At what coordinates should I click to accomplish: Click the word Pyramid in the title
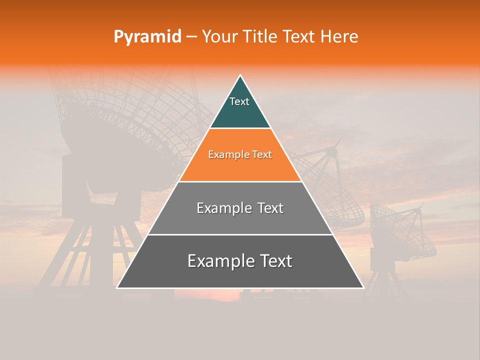click(147, 37)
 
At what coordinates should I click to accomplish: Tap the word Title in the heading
click(261, 37)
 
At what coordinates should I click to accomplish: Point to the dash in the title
click(191, 37)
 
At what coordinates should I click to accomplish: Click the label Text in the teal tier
click(239, 101)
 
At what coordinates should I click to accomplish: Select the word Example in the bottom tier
click(218, 261)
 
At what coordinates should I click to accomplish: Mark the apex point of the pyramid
click(240, 75)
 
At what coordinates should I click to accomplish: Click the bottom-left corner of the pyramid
click(117, 288)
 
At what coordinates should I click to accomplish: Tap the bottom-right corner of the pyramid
click(363, 288)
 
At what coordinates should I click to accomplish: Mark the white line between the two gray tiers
click(240, 234)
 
